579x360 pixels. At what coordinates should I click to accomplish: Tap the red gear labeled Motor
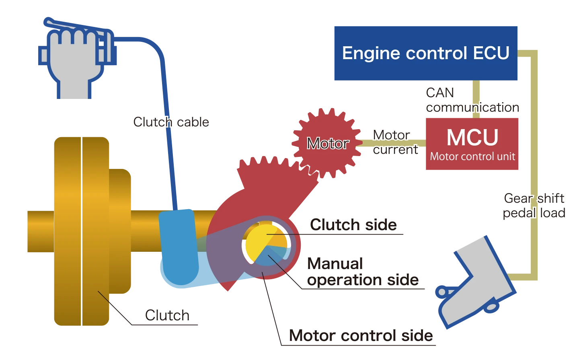coord(327,143)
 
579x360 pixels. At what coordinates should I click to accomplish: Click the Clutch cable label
coord(171,122)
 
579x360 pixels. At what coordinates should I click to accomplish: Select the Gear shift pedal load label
coord(534,206)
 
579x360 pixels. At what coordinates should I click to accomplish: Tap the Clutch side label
coord(353,225)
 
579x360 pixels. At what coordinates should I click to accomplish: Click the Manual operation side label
coord(362,272)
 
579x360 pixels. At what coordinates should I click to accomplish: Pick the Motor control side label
coord(361,335)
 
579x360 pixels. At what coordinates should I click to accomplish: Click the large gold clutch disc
coord(80,231)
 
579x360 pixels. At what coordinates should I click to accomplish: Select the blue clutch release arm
coord(179,249)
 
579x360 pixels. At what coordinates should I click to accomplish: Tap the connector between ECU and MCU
coord(476,99)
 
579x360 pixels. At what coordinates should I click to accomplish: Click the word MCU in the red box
coord(472,138)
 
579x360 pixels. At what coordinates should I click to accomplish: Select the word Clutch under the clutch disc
coord(167,315)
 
